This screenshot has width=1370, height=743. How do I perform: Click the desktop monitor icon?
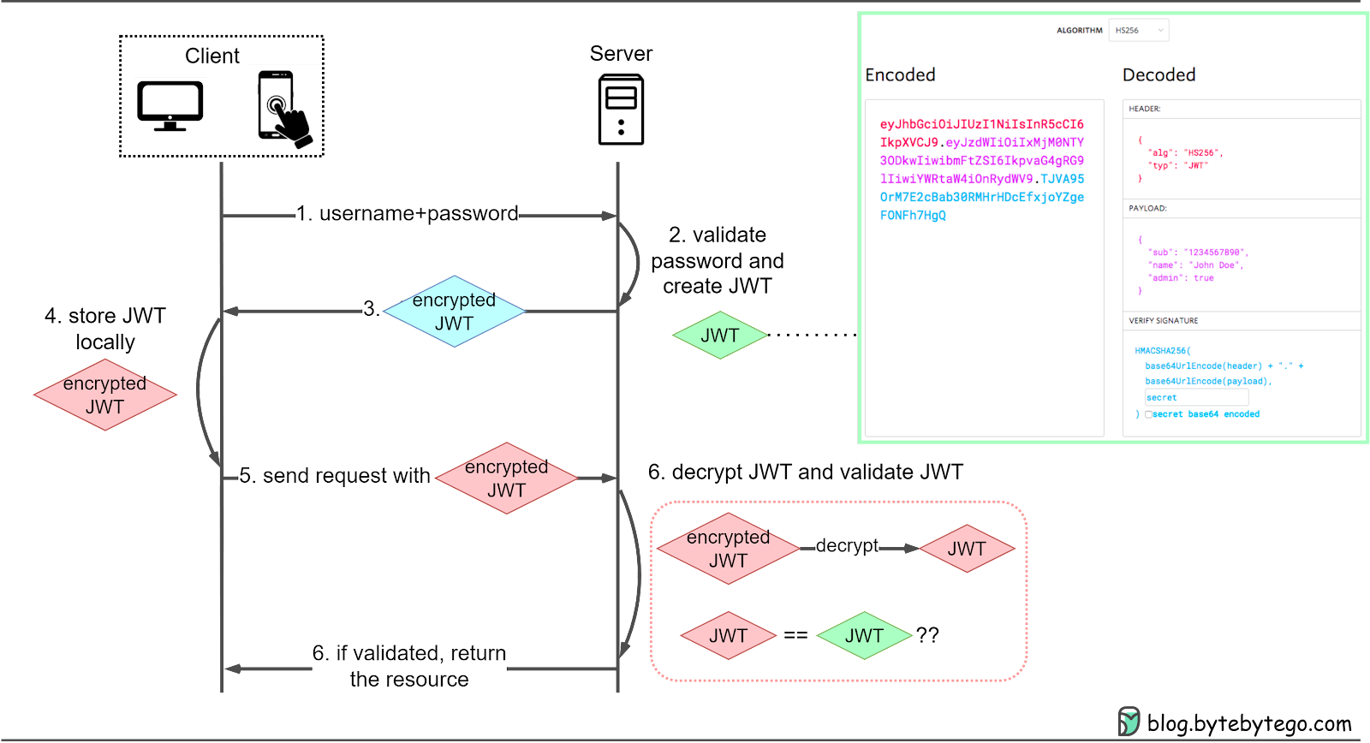point(170,106)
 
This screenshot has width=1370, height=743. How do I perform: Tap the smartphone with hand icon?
point(283,109)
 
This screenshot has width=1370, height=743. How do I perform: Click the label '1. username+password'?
point(407,213)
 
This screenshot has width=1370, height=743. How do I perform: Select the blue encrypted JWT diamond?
point(454,312)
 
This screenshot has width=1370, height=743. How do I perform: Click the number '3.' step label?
point(372,309)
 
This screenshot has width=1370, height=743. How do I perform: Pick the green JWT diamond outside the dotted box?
point(719,336)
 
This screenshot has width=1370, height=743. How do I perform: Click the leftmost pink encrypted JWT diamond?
point(104,395)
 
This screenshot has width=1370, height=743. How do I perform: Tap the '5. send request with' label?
point(335,476)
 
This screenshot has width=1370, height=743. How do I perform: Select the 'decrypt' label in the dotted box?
point(846,545)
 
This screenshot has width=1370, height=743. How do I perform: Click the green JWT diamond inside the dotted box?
point(863,636)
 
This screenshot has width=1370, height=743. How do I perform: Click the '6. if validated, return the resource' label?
point(408,666)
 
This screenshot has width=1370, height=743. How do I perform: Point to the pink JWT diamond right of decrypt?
point(966,549)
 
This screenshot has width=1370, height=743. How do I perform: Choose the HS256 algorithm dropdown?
point(1138,30)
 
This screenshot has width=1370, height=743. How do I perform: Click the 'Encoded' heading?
point(900,75)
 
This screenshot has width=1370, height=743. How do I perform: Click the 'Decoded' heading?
point(1159,75)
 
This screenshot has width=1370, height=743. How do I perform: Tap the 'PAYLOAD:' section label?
point(1147,208)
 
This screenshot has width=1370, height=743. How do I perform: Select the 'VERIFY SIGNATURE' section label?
point(1163,321)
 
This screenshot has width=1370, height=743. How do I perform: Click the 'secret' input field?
point(1196,397)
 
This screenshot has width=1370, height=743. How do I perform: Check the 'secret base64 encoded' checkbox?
point(1148,414)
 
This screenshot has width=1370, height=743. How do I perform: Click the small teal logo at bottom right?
point(1129,721)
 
